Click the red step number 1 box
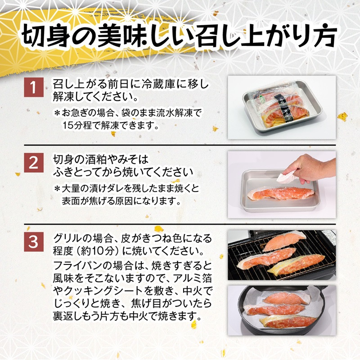(x=34, y=87)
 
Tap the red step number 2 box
(x=34, y=163)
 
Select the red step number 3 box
(x=34, y=242)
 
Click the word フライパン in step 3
(x=78, y=266)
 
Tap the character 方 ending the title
(x=325, y=37)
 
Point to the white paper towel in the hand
(x=286, y=178)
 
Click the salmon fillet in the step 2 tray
(x=280, y=193)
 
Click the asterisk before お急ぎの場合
(x=57, y=113)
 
